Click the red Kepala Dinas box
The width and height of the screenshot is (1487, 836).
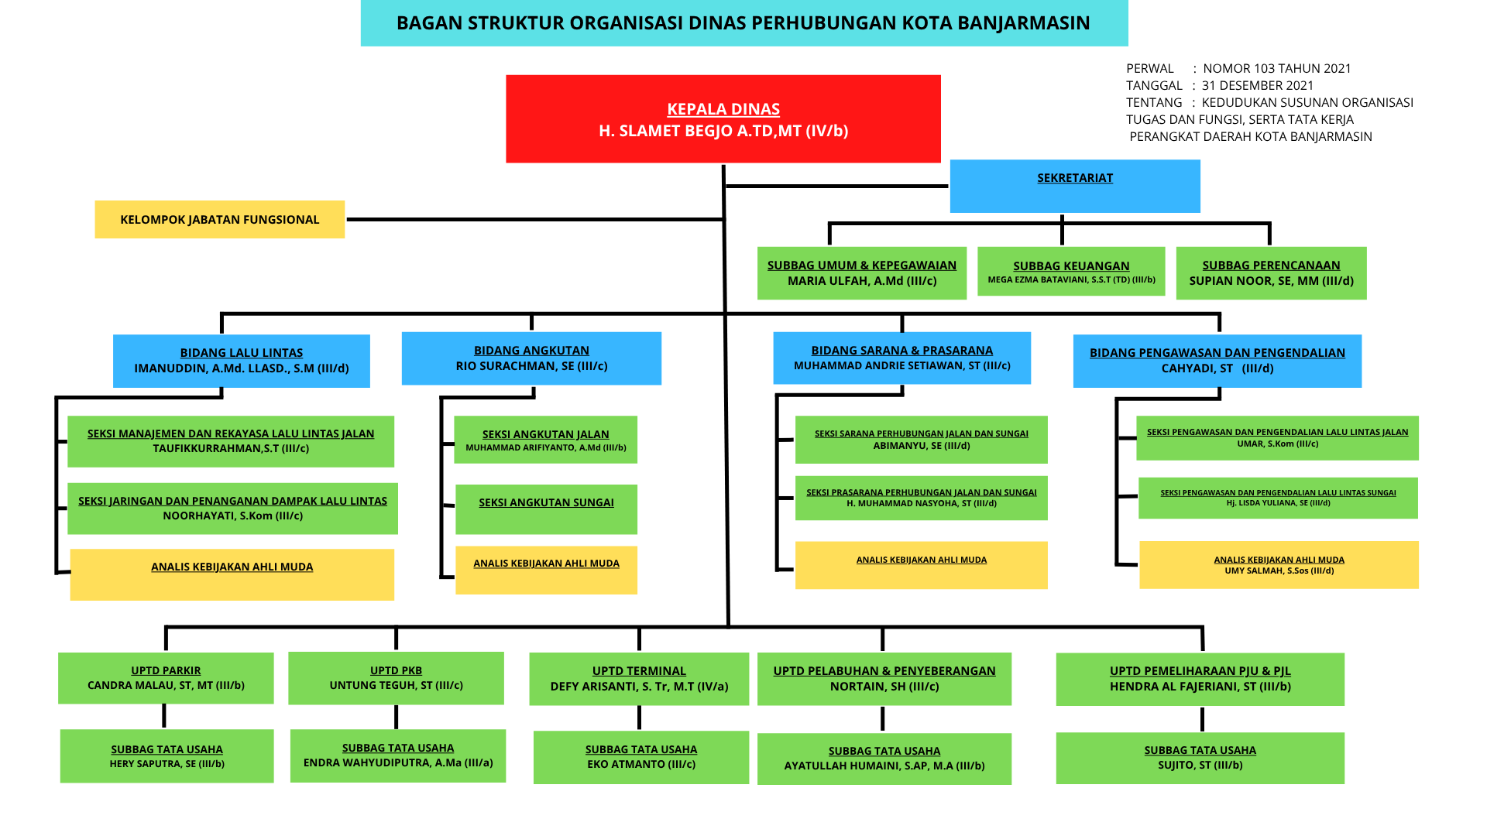coord(723,119)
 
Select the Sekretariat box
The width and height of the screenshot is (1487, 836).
coord(1075,186)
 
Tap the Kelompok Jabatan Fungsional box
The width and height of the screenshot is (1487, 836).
coord(220,219)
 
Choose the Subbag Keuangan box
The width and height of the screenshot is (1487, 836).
coord(1071,271)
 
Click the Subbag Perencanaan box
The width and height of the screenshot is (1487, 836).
coord(1271,272)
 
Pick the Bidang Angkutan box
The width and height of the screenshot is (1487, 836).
coord(531,358)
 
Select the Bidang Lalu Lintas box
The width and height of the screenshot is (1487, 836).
coord(242,361)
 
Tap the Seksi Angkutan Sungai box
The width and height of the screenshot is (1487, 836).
coord(546,509)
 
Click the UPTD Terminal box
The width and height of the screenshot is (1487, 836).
coord(639,679)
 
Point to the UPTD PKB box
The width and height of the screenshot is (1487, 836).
coord(396,678)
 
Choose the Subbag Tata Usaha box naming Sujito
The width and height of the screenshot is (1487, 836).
coord(1200,758)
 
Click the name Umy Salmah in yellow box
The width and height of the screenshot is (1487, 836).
coord(1279,571)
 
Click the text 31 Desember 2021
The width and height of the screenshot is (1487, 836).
coord(1258,85)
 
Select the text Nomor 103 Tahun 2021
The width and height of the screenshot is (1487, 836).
coord(1277,68)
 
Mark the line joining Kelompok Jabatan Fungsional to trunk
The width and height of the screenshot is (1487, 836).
coord(534,219)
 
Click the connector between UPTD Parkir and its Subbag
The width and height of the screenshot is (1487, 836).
coord(164,716)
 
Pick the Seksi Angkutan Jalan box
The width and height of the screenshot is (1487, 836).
coord(545,440)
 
